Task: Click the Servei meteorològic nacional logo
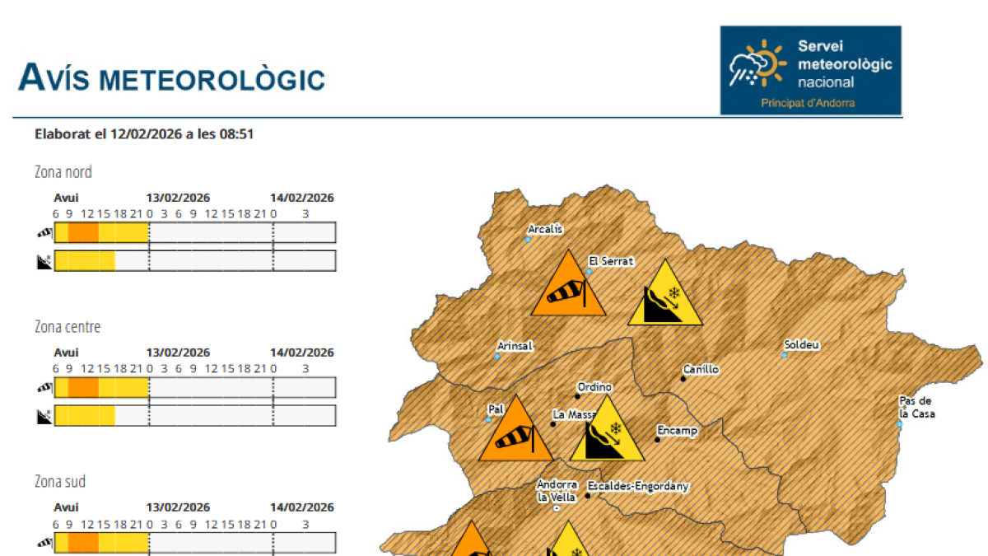point(810,70)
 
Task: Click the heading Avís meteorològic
point(171,78)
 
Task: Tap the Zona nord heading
point(63,172)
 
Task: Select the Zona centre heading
point(68,327)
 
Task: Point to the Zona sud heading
point(60,482)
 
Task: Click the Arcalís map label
point(545,229)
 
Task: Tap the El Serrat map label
point(611,261)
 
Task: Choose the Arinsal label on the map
point(515,346)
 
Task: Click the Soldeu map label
point(801,344)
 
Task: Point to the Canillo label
point(701,369)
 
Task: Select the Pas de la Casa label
point(916,408)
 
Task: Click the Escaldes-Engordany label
point(638,486)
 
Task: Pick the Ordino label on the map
point(594,387)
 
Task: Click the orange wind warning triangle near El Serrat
point(567,288)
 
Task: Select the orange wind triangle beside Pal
point(515,433)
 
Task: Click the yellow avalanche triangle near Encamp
point(608,433)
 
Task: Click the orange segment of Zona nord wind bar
point(82,233)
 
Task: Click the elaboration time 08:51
point(236,133)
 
